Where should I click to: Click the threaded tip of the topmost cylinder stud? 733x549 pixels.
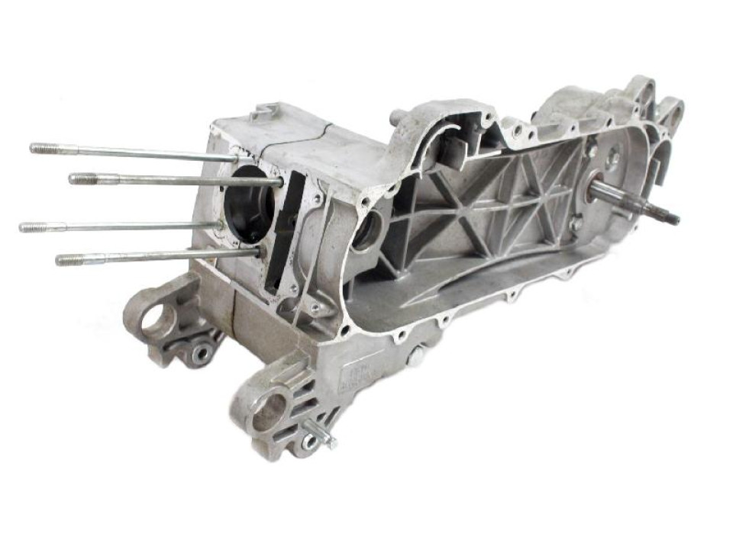(x=37, y=148)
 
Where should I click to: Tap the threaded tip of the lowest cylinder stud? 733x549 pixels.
(x=63, y=260)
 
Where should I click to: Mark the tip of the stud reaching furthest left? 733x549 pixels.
(x=25, y=226)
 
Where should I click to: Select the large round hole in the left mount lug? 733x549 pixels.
(x=157, y=320)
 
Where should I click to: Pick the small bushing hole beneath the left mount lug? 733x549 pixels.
(x=201, y=352)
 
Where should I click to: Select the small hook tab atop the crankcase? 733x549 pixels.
(x=262, y=112)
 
